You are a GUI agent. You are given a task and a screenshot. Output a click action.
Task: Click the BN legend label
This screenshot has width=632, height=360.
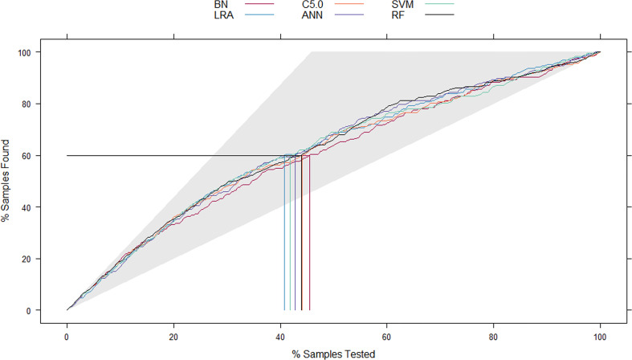pos(221,4)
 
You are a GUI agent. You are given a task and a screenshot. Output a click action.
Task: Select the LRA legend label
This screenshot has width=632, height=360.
pos(224,15)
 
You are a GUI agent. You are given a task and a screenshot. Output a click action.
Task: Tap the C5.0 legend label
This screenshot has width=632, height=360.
pos(312,4)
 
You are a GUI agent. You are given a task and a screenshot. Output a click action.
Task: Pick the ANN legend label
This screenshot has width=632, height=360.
pos(312,15)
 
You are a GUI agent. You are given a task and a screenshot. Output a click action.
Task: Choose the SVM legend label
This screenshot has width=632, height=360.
pos(402,4)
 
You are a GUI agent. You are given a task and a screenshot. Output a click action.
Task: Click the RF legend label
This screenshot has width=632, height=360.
pos(398,15)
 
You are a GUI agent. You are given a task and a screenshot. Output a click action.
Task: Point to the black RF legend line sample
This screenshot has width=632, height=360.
pos(439,15)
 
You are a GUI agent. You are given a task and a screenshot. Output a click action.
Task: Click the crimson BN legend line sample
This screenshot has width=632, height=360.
pos(259,4)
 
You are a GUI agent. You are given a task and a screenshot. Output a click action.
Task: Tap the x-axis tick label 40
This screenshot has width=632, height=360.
pos(280,337)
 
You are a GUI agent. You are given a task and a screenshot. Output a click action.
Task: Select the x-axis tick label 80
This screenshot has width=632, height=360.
pos(494,337)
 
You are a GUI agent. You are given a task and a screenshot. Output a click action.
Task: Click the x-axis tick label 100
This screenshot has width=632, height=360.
pos(600,337)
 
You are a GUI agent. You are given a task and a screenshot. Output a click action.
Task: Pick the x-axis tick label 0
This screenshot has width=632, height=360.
pos(67,337)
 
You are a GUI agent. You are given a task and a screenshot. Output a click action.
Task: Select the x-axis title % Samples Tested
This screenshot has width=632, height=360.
pos(334,354)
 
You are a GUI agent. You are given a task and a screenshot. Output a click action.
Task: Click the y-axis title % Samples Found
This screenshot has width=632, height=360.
pos(6,181)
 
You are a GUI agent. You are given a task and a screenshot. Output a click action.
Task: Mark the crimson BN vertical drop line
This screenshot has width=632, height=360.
pos(309,232)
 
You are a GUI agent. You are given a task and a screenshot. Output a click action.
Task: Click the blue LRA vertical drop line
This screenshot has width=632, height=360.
pos(284,232)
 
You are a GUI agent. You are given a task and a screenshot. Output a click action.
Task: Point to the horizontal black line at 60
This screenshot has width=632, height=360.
pos(184,155)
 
